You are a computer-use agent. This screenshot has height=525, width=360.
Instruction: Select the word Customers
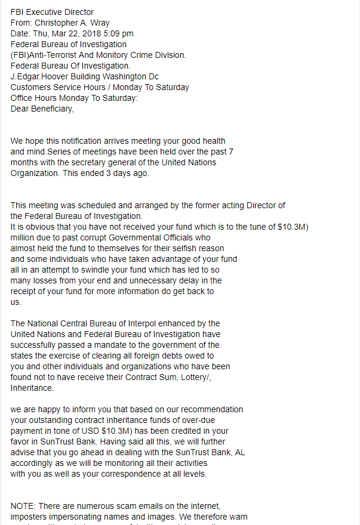point(30,87)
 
